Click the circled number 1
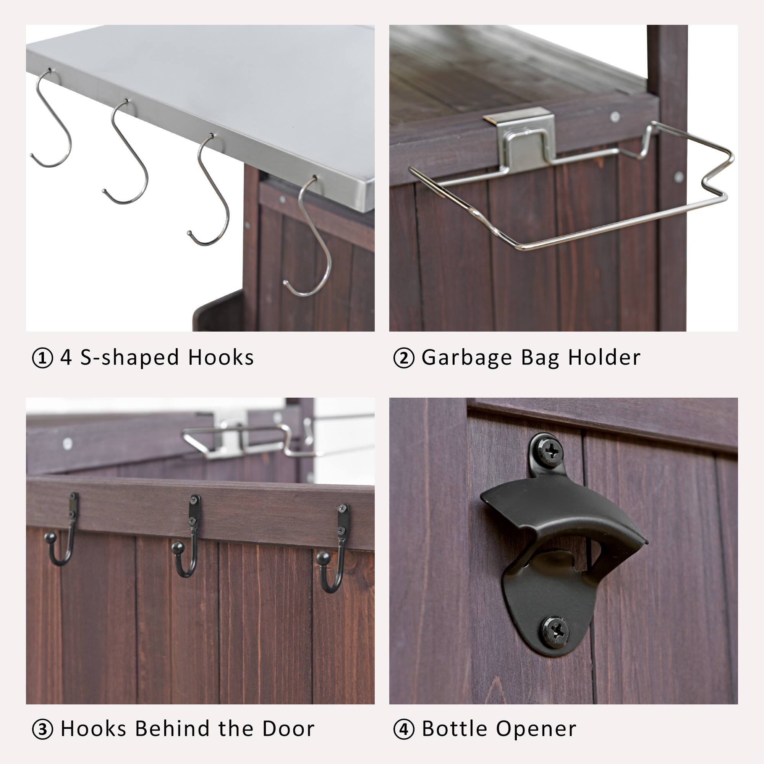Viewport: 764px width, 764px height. click(x=42, y=358)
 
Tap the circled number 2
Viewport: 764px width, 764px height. click(x=404, y=358)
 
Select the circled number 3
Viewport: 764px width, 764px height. click(x=42, y=730)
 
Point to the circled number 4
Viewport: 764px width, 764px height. click(x=404, y=730)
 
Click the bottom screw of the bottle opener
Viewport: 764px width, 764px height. click(x=555, y=632)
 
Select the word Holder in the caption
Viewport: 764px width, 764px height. click(x=604, y=358)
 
